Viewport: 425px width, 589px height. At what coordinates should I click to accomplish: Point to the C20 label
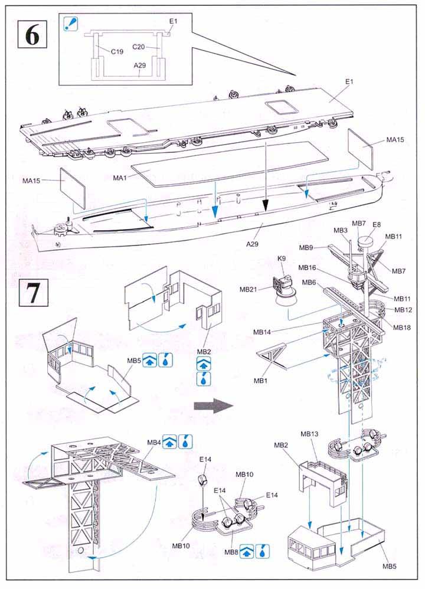point(139,46)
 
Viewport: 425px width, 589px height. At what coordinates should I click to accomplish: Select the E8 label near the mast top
point(376,224)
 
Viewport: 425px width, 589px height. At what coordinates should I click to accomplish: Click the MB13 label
point(309,434)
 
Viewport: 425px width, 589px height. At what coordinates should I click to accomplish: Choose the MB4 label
point(154,442)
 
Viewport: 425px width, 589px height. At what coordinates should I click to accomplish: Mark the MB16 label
point(307,267)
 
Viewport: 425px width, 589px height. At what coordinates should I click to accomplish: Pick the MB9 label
point(305,248)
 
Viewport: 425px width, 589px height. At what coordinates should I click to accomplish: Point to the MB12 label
point(403,310)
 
